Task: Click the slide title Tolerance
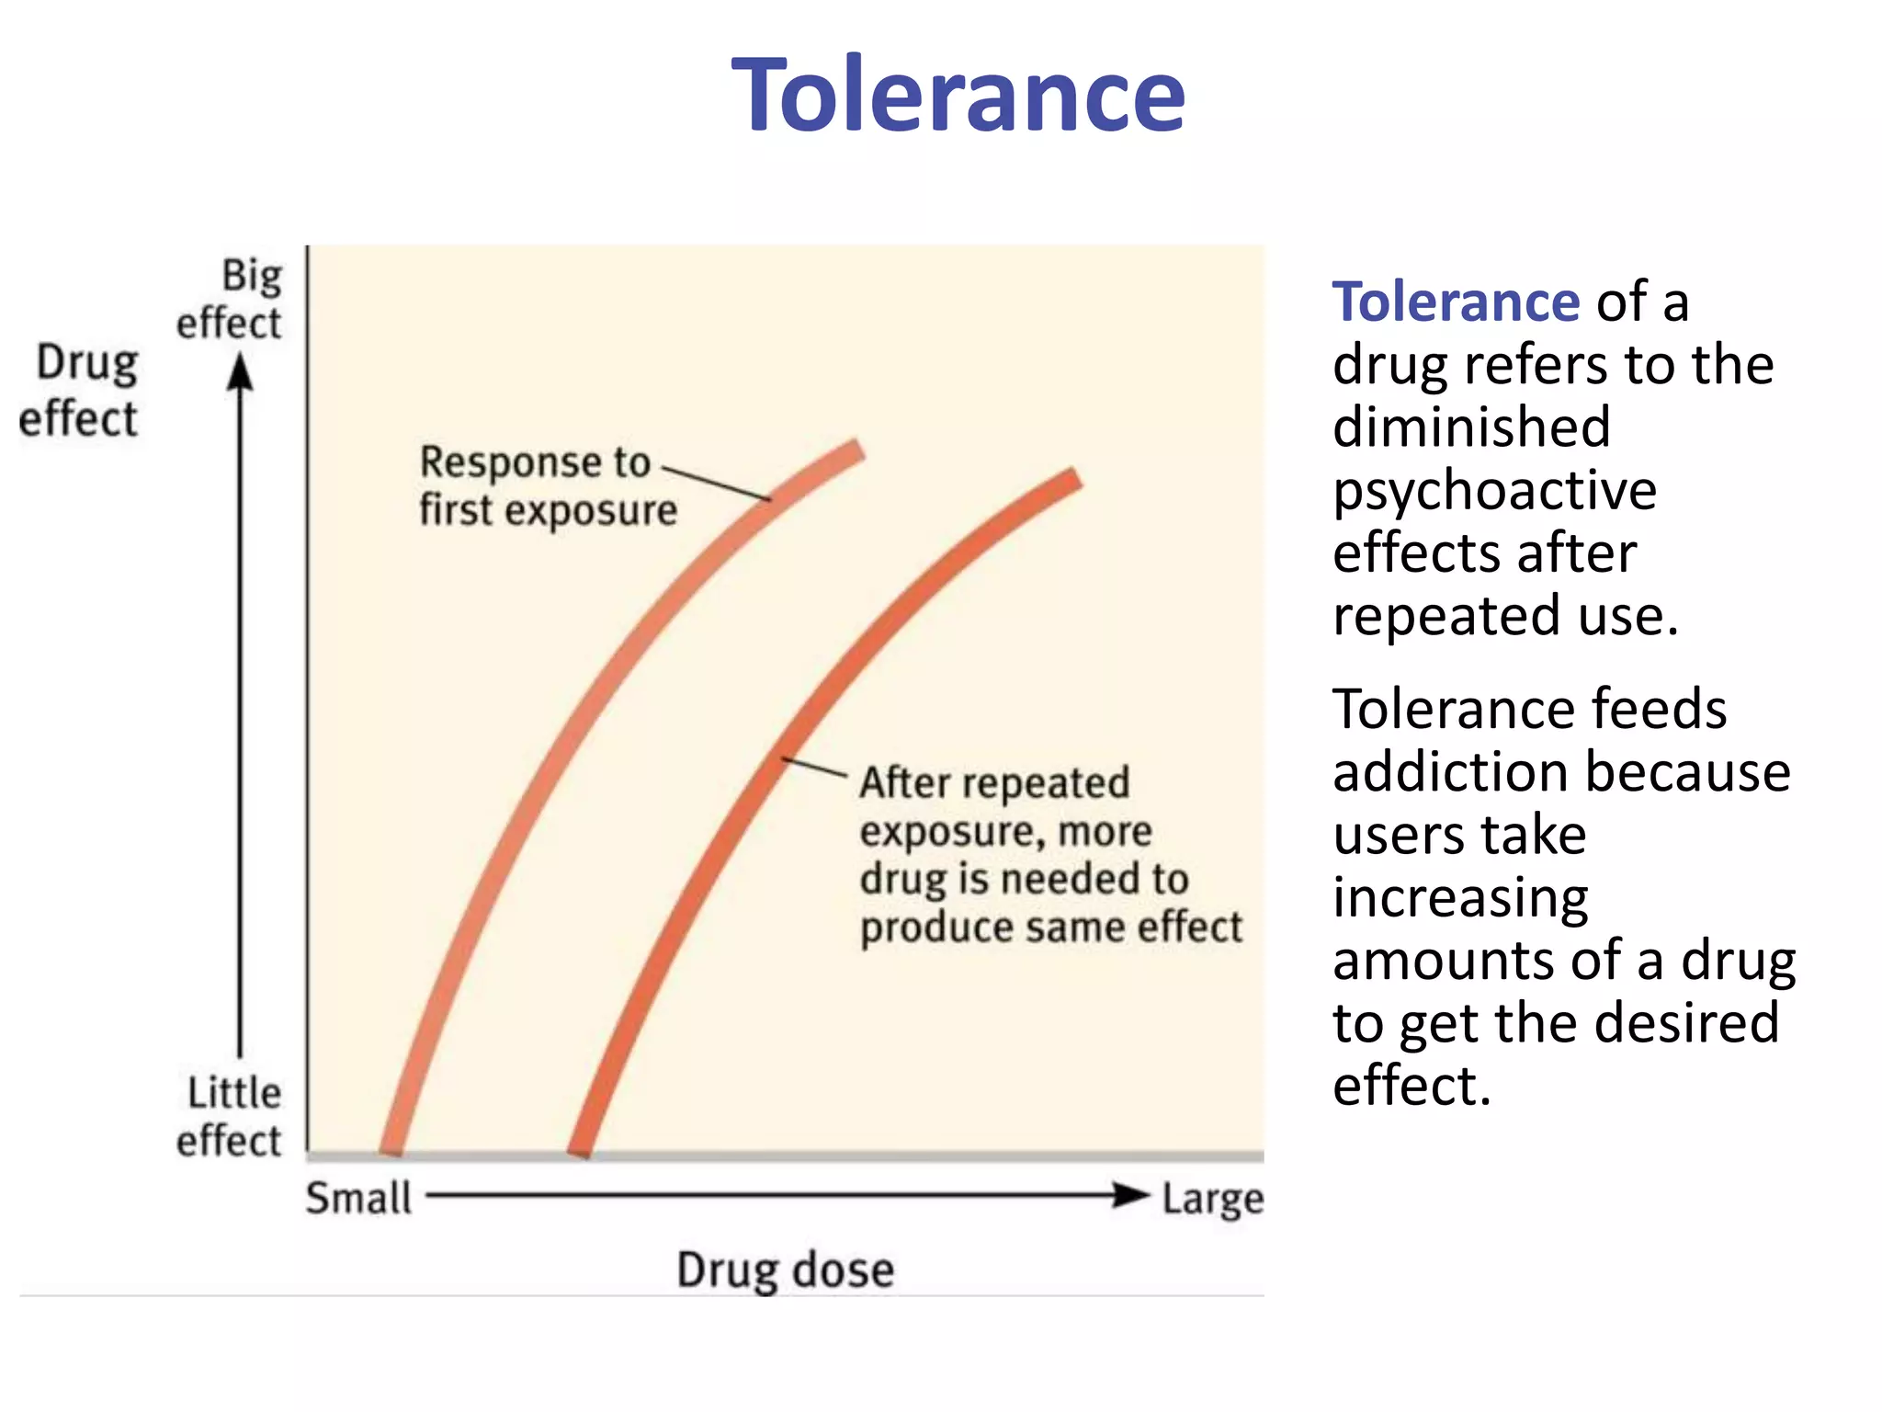point(958,96)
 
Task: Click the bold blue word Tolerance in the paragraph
point(1456,302)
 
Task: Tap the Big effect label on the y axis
point(230,300)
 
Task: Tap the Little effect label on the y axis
point(230,1116)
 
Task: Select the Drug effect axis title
point(80,391)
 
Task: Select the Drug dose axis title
point(785,1270)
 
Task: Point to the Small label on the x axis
point(358,1198)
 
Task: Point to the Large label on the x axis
point(1212,1199)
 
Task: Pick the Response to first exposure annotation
point(548,485)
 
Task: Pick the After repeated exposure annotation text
point(1050,854)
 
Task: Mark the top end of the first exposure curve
point(856,450)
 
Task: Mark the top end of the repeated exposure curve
point(1072,479)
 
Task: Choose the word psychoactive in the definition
point(1494,490)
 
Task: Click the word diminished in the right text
point(1471,427)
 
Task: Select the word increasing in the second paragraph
point(1460,898)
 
